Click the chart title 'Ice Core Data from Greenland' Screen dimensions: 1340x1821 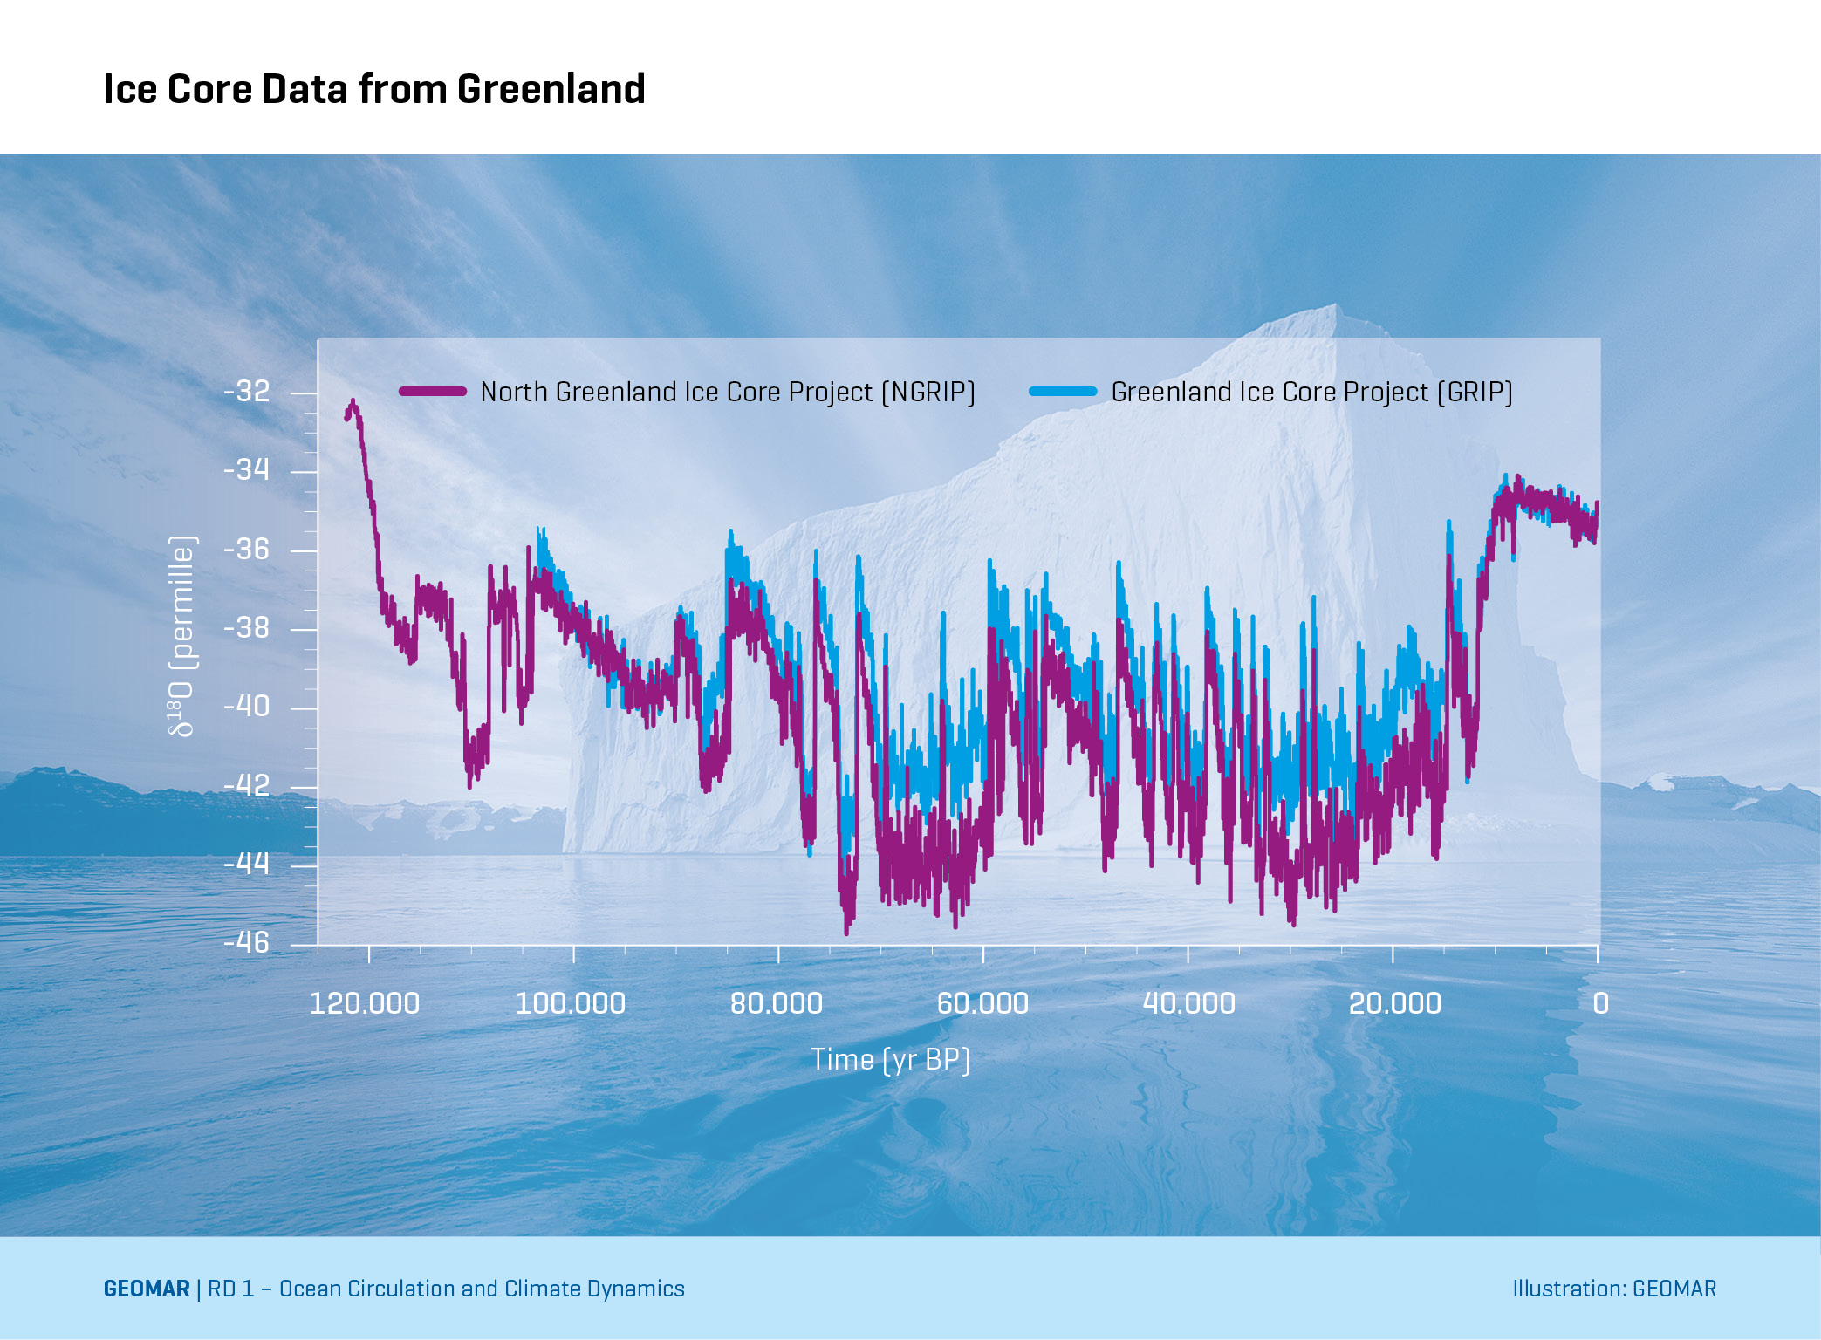(x=374, y=89)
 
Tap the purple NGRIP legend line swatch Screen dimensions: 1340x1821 (x=432, y=392)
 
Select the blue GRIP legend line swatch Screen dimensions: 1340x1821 (x=1062, y=392)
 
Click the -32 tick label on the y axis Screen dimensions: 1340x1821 (x=247, y=392)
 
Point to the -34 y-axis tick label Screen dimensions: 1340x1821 (x=247, y=470)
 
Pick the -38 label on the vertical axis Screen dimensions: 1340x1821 (x=247, y=628)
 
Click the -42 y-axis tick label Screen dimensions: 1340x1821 (x=247, y=785)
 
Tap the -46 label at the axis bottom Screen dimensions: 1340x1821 (x=247, y=942)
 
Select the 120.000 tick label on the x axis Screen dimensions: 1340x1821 (x=365, y=1003)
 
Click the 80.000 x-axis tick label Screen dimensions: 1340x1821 (x=777, y=1003)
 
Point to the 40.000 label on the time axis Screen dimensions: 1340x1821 (x=1188, y=1003)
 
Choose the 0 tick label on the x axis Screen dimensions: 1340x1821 (x=1600, y=1003)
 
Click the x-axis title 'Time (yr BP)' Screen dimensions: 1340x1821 (x=890, y=1059)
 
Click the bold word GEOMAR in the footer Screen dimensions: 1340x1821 (x=147, y=1289)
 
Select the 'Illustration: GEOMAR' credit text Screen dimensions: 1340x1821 (x=1614, y=1289)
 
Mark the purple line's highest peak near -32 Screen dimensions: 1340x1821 (x=353, y=402)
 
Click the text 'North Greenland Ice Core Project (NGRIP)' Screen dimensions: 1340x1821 (x=728, y=393)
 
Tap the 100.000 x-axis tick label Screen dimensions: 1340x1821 (x=571, y=1003)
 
